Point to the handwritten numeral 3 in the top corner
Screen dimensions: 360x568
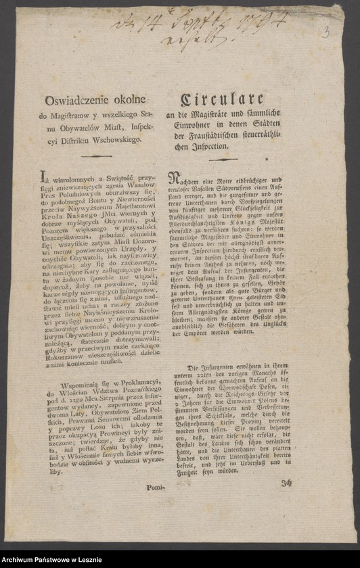coord(325,31)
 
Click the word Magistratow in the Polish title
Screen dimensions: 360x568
coord(74,116)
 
